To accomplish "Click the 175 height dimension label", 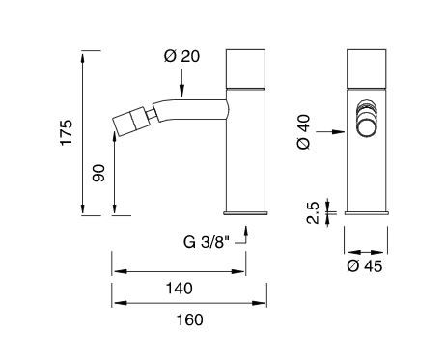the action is pos(67,132).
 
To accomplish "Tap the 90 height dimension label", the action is pos(98,173).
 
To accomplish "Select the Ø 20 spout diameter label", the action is pos(181,56).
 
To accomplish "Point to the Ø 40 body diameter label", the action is pos(304,131).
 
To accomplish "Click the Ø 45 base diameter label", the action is pos(365,266).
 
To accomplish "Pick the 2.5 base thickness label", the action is pos(313,212).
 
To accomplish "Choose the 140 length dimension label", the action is pos(180,289).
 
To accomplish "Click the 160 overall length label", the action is pos(190,319).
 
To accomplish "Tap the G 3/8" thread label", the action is pos(208,242).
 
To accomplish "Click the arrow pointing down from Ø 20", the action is pos(181,83).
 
